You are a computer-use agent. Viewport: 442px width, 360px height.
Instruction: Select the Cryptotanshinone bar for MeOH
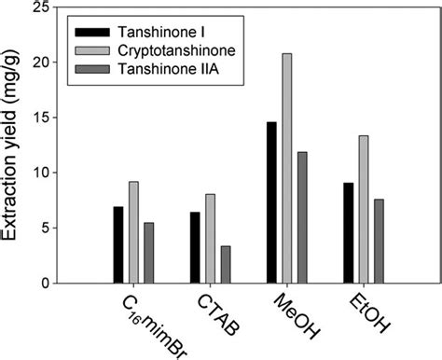[x=286, y=168]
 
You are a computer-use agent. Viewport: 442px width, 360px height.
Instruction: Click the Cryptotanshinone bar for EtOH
[x=363, y=209]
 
